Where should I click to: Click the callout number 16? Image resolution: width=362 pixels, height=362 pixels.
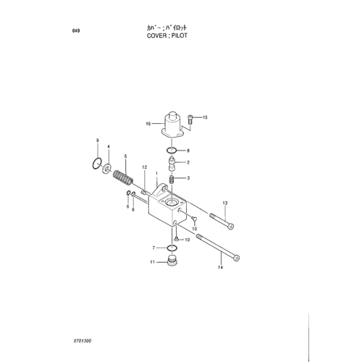click(x=148, y=124)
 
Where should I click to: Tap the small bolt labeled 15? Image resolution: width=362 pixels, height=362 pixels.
click(x=190, y=119)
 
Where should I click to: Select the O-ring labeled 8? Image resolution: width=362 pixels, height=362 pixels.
click(x=172, y=151)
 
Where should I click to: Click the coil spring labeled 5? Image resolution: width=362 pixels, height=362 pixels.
click(x=123, y=179)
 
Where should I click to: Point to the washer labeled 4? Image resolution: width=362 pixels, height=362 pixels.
click(x=106, y=168)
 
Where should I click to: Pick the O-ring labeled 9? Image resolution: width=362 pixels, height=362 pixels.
click(x=97, y=164)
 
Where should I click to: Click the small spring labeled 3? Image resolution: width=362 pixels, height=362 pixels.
click(x=172, y=180)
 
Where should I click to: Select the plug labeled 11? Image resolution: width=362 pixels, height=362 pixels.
click(x=172, y=261)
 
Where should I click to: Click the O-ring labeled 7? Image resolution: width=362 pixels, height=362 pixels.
click(x=172, y=248)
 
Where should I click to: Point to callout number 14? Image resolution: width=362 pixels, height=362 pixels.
click(x=220, y=267)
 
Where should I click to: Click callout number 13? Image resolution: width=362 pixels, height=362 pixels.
click(x=225, y=203)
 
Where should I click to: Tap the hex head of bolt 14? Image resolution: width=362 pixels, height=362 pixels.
click(x=237, y=258)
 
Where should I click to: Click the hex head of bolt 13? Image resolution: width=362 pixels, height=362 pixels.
click(x=231, y=227)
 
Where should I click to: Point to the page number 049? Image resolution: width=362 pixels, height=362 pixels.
click(x=76, y=30)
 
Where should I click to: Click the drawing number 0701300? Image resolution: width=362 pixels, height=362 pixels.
click(x=83, y=341)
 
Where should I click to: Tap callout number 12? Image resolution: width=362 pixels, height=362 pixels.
click(x=145, y=167)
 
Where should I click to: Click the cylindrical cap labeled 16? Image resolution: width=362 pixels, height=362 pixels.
click(x=173, y=125)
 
